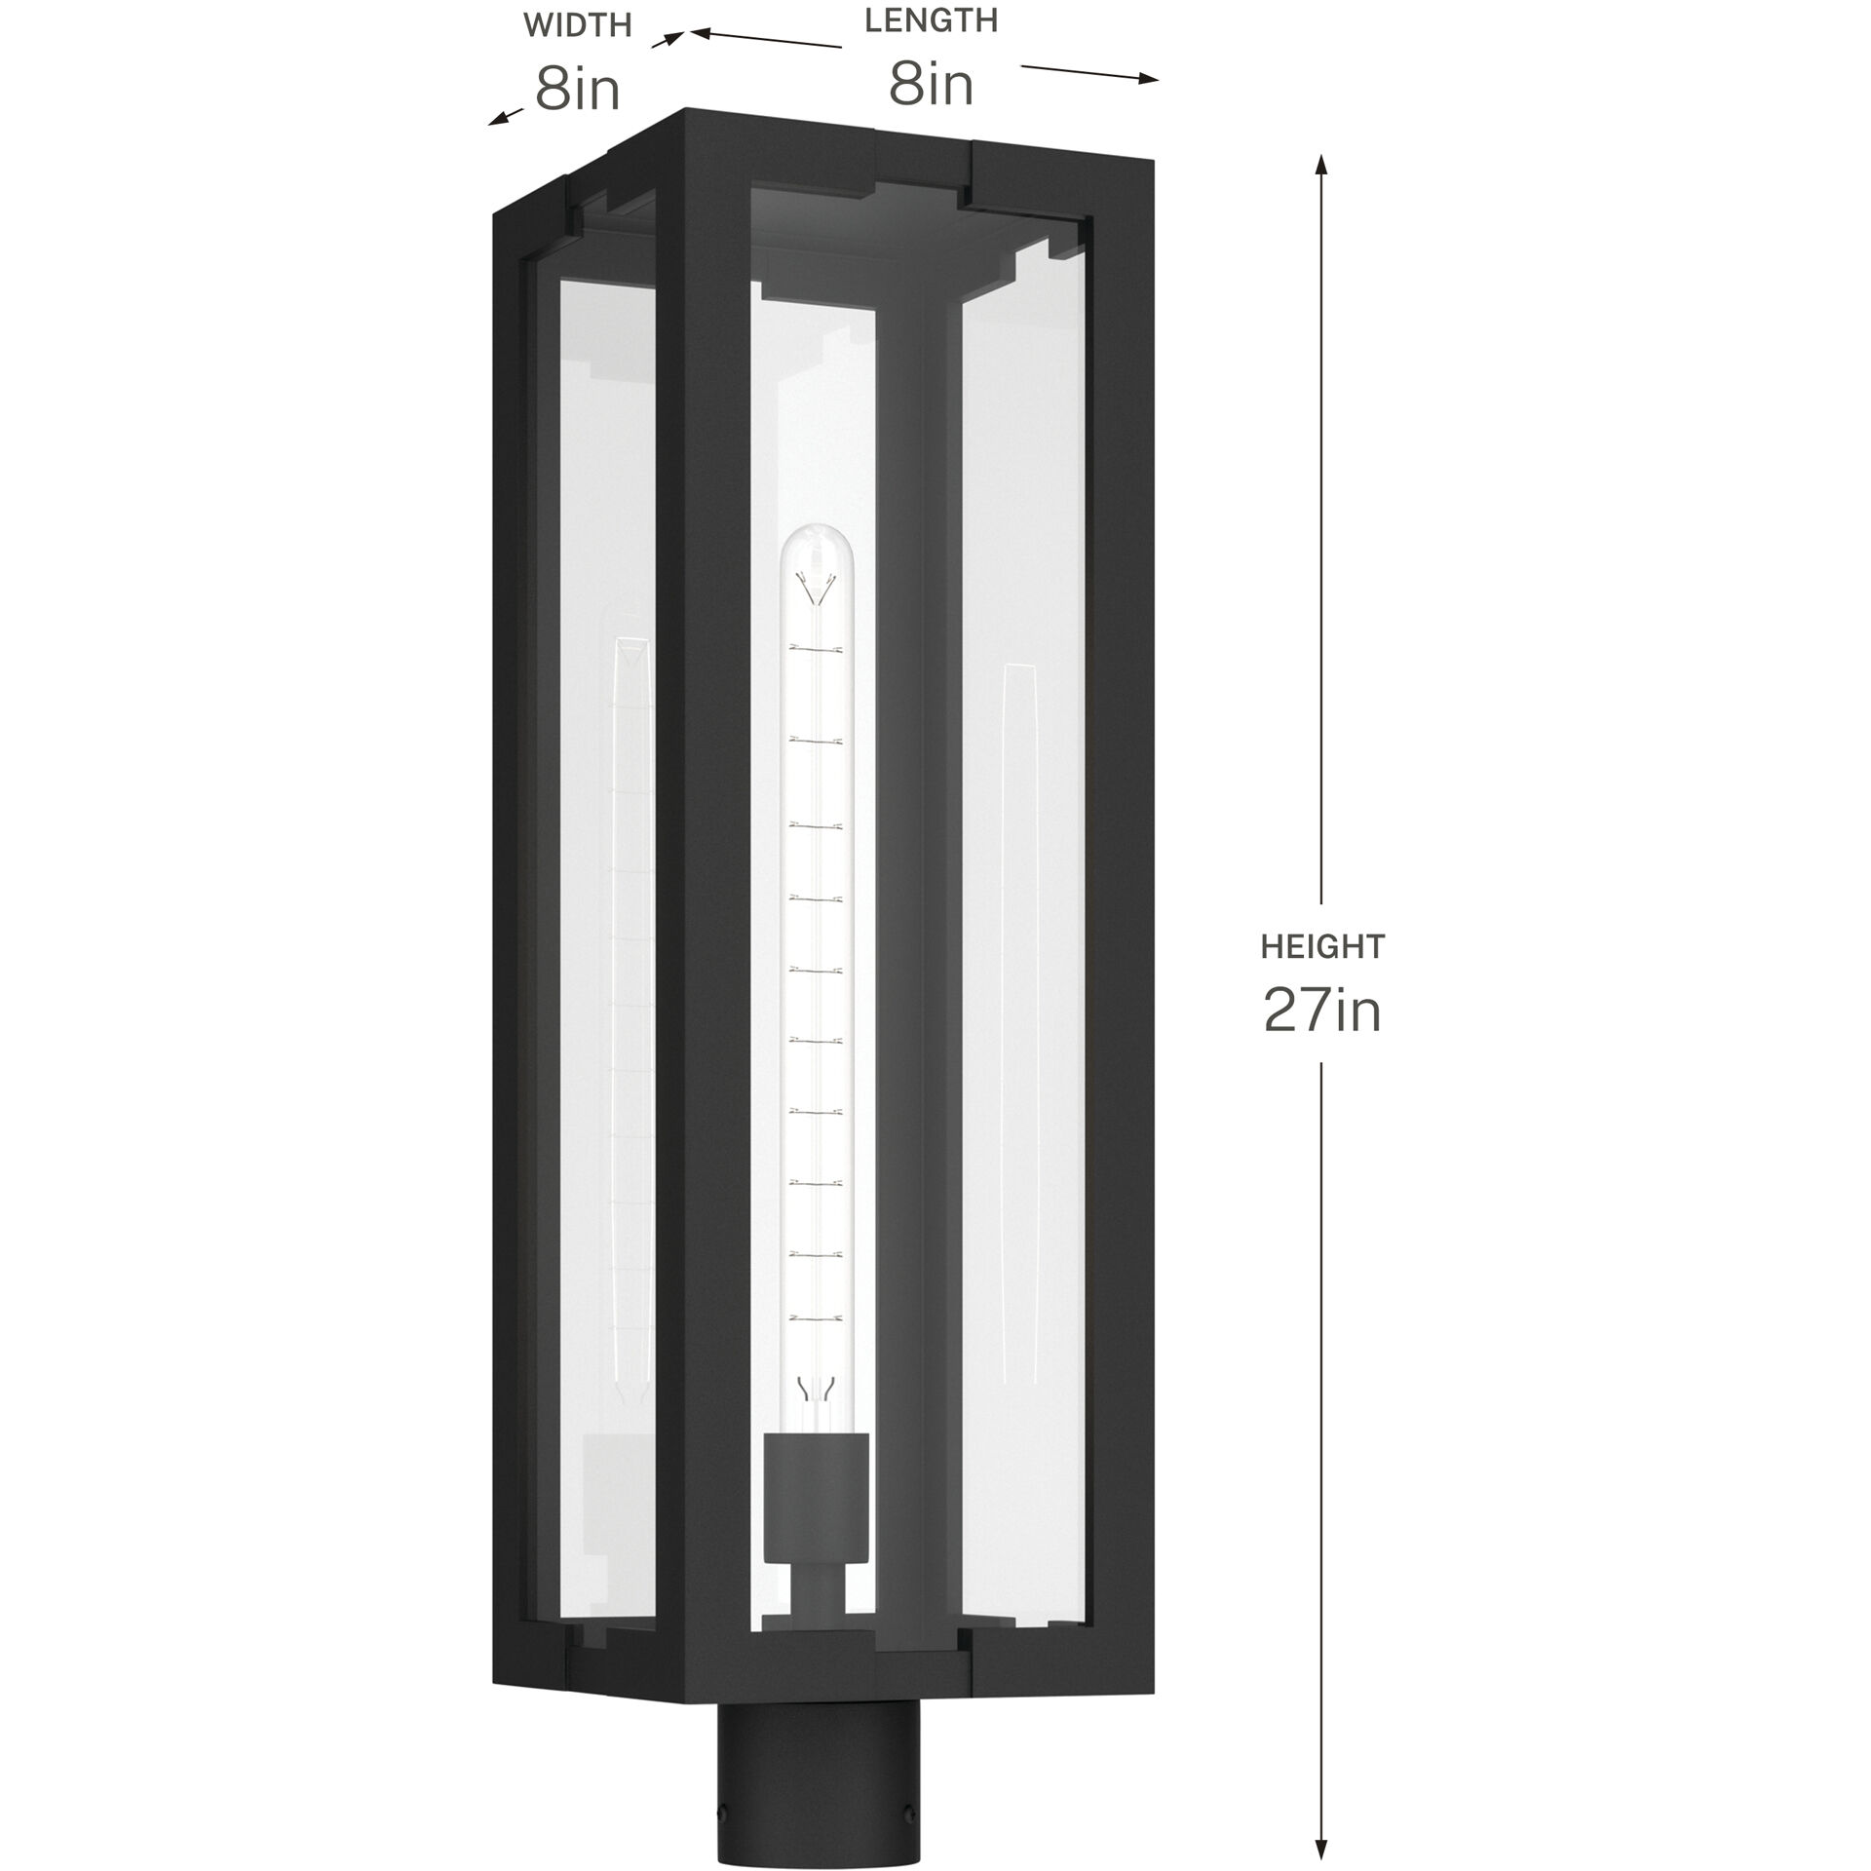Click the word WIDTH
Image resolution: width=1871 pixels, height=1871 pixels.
pyautogui.click(x=577, y=25)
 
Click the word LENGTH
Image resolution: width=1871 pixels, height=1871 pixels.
pyautogui.click(x=931, y=21)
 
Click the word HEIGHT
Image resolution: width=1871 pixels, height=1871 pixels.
pyautogui.click(x=1322, y=945)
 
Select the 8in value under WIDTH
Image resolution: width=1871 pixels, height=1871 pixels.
pyautogui.click(x=577, y=91)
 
